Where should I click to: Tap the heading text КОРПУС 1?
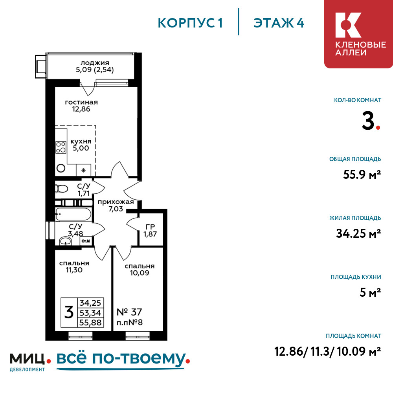click(x=190, y=23)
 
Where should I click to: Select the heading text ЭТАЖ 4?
click(x=279, y=23)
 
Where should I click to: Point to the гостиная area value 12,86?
click(x=81, y=110)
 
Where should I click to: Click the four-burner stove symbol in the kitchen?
click(x=61, y=147)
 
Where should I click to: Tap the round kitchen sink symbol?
click(x=61, y=168)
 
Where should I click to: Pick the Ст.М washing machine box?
click(x=86, y=241)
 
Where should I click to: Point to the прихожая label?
click(x=116, y=202)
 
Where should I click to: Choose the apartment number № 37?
click(x=130, y=312)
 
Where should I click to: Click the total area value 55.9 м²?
click(x=362, y=174)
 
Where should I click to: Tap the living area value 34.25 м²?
click(x=358, y=234)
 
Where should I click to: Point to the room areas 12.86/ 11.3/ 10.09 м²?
click(x=328, y=351)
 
